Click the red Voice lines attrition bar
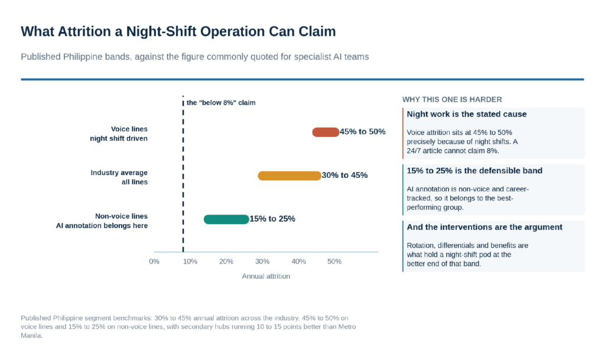(326, 132)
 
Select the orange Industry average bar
(290, 176)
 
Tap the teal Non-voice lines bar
(226, 219)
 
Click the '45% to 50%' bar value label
(362, 132)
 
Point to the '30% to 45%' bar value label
(344, 175)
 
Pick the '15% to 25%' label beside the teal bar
(272, 219)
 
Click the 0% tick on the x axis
(154, 261)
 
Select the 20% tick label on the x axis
(226, 261)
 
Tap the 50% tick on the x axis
(334, 261)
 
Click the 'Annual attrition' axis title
(266, 276)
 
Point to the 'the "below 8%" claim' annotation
(221, 103)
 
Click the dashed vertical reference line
(183, 174)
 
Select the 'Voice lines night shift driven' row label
(119, 134)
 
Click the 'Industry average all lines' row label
(119, 177)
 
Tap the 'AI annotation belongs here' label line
(102, 226)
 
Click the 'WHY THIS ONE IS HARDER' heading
(452, 99)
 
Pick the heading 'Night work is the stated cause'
(467, 114)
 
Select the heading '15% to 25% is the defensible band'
(474, 171)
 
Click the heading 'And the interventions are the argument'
(484, 227)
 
